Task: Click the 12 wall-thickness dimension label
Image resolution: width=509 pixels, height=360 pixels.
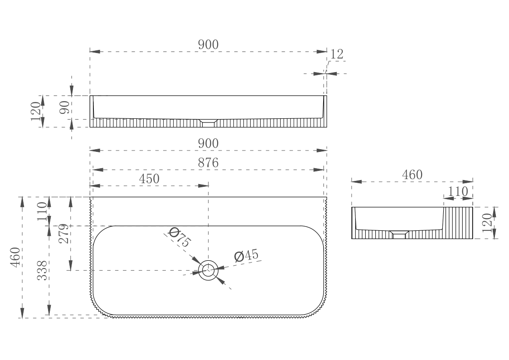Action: pos(337,54)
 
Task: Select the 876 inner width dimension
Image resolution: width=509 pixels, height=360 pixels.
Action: pos(208,163)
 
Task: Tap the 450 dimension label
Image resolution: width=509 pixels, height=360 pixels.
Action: pos(149,179)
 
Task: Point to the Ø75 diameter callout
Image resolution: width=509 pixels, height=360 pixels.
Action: pos(179,238)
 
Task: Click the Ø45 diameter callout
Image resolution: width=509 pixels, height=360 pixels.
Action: pos(247,256)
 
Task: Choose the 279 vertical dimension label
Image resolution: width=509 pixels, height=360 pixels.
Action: pos(64,234)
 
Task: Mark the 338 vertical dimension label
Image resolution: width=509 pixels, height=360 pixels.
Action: pos(42,271)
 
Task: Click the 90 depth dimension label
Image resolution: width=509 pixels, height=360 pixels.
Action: pos(65,107)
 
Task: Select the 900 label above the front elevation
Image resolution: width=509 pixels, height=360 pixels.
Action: pos(208,45)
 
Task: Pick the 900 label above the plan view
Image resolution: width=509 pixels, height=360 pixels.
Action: pos(208,144)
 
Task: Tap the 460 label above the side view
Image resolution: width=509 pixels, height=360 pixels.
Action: pos(412,175)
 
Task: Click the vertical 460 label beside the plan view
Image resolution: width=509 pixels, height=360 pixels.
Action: pos(15,257)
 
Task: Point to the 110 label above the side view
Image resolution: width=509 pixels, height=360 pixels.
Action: pos(458,191)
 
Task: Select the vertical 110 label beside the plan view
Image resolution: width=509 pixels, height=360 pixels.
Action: pos(42,211)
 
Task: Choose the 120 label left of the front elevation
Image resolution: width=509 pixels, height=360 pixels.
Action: pos(36,111)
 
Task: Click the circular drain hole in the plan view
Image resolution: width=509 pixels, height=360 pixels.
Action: pos(208,270)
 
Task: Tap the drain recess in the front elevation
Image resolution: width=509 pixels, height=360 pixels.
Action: pos(208,121)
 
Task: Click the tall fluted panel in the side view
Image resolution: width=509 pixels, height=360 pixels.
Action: pos(458,223)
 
